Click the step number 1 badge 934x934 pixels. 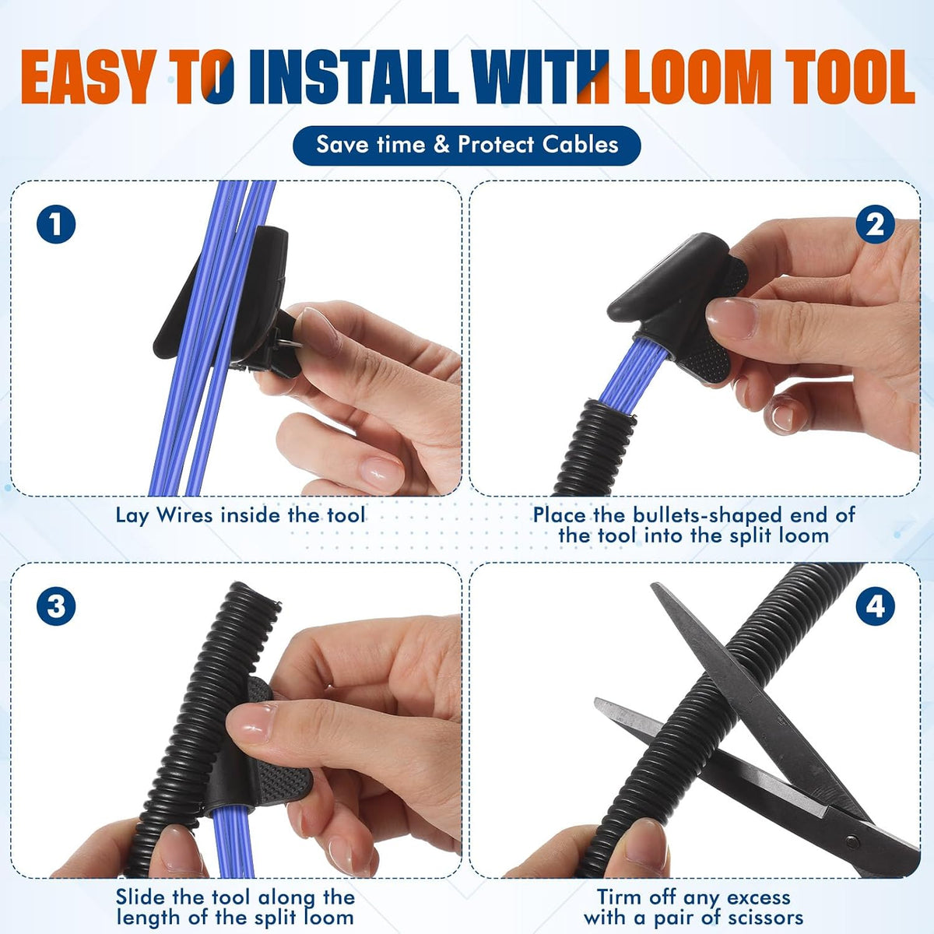pyautogui.click(x=56, y=224)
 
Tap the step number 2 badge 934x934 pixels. pyautogui.click(x=875, y=224)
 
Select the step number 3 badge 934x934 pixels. pyautogui.click(x=56, y=606)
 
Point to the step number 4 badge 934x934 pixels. pyautogui.click(x=875, y=606)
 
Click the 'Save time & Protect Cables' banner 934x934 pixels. pyautogui.click(x=467, y=145)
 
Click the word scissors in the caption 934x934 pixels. pyautogui.click(x=764, y=904)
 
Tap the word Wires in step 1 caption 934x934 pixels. pyautogui.click(x=184, y=514)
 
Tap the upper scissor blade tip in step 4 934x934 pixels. pyautogui.click(x=654, y=586)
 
